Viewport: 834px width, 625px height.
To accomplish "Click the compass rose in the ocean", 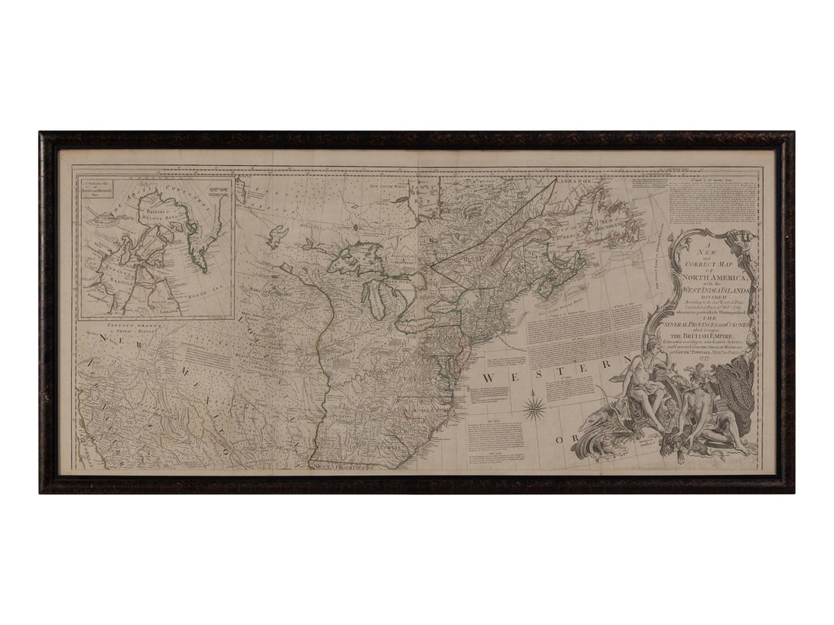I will tap(535, 408).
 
